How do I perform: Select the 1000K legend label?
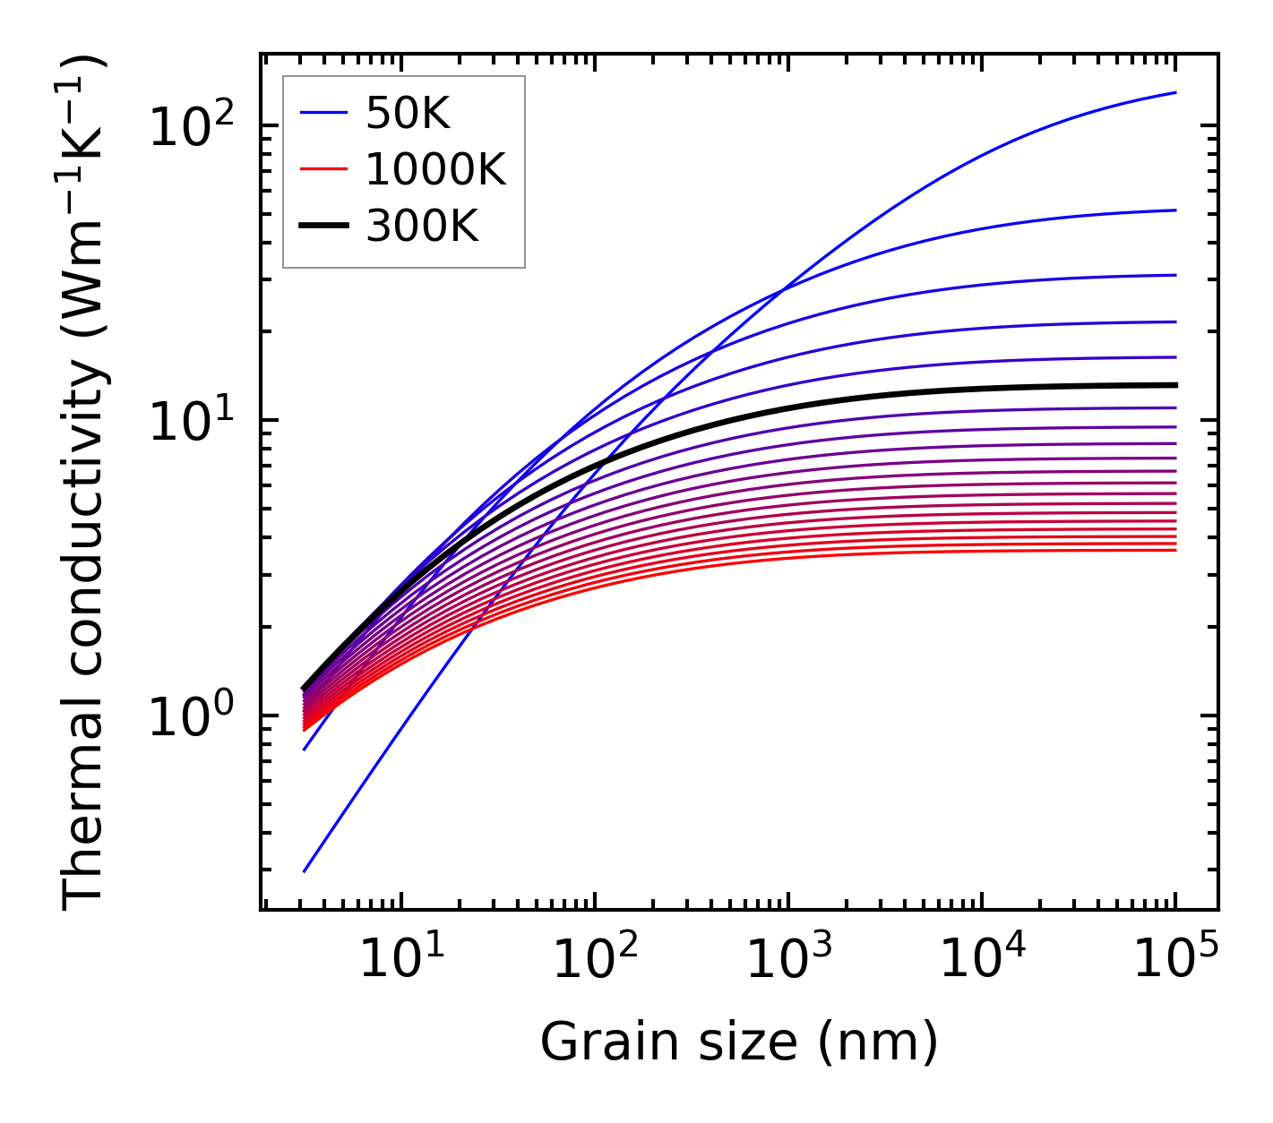(x=435, y=170)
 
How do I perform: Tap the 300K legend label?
(x=422, y=227)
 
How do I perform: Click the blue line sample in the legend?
(x=323, y=113)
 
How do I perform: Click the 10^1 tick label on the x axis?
(x=402, y=961)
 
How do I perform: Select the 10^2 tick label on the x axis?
(x=596, y=961)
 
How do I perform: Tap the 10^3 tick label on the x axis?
(x=789, y=961)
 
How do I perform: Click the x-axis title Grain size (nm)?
(x=739, y=1043)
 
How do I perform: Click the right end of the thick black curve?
(x=1175, y=385)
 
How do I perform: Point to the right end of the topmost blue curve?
(x=1175, y=92)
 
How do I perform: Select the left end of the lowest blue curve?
(x=305, y=871)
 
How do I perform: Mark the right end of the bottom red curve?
(x=1175, y=550)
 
